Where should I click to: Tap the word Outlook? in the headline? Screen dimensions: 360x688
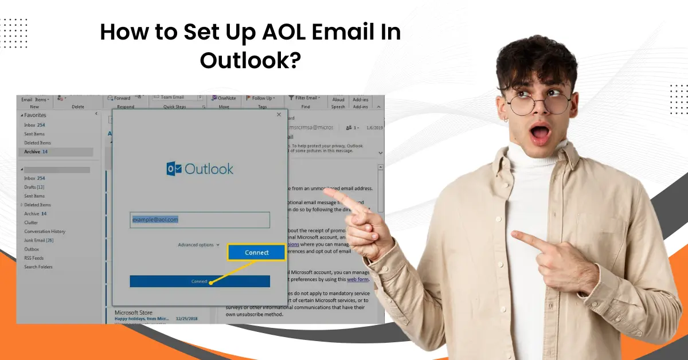(x=250, y=60)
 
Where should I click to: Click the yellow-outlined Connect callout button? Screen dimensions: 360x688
(x=256, y=252)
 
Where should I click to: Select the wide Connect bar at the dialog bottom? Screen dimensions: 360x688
(x=200, y=281)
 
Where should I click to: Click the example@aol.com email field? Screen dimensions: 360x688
(x=200, y=220)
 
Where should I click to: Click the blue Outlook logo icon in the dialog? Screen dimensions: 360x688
(x=174, y=169)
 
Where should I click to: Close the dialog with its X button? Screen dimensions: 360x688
(x=279, y=115)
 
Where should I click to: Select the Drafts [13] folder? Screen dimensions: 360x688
(x=34, y=187)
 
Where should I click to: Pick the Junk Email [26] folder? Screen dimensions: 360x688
(x=39, y=240)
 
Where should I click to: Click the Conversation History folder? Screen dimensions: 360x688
(x=45, y=232)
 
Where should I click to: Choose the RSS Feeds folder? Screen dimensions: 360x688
(x=34, y=258)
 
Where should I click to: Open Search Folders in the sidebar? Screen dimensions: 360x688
(x=38, y=267)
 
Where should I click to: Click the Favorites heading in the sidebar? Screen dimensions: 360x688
(x=35, y=115)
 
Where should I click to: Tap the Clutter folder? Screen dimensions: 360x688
(x=31, y=222)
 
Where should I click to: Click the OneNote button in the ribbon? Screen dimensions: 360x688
(x=224, y=98)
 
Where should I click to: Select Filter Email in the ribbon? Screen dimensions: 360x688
(x=304, y=98)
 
